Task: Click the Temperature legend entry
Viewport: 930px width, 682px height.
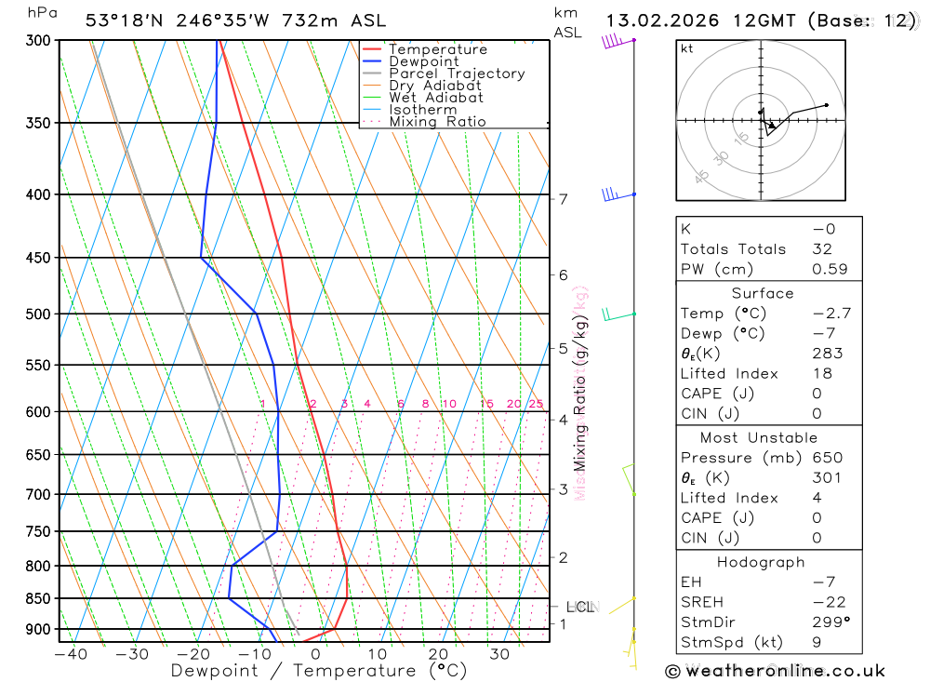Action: pyautogui.click(x=437, y=49)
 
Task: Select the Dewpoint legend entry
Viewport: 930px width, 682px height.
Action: pyautogui.click(x=423, y=61)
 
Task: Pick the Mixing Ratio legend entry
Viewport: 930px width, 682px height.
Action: pyautogui.click(x=437, y=121)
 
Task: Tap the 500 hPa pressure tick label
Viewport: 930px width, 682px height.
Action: pyautogui.click(x=38, y=314)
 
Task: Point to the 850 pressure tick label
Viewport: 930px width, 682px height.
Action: pyautogui.click(x=38, y=599)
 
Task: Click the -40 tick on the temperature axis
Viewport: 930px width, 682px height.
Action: pyautogui.click(x=71, y=654)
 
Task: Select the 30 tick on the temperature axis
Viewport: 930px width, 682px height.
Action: pyautogui.click(x=499, y=654)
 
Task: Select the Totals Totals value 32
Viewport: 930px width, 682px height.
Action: pyautogui.click(x=823, y=249)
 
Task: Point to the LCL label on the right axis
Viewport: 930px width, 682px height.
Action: pyautogui.click(x=580, y=608)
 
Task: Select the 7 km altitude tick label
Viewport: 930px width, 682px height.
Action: pyautogui.click(x=563, y=199)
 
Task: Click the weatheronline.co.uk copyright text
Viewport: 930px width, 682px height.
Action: pyautogui.click(x=776, y=671)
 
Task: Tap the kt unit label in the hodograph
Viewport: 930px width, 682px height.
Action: pyautogui.click(x=687, y=49)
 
